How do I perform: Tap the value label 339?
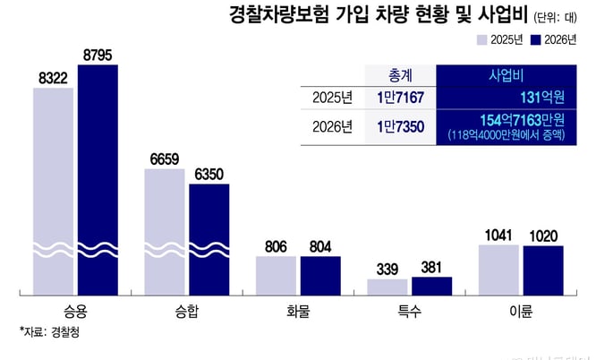[387, 269]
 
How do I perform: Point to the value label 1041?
[498, 236]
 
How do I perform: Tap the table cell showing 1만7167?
[400, 97]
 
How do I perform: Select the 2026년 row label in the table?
[332, 128]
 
